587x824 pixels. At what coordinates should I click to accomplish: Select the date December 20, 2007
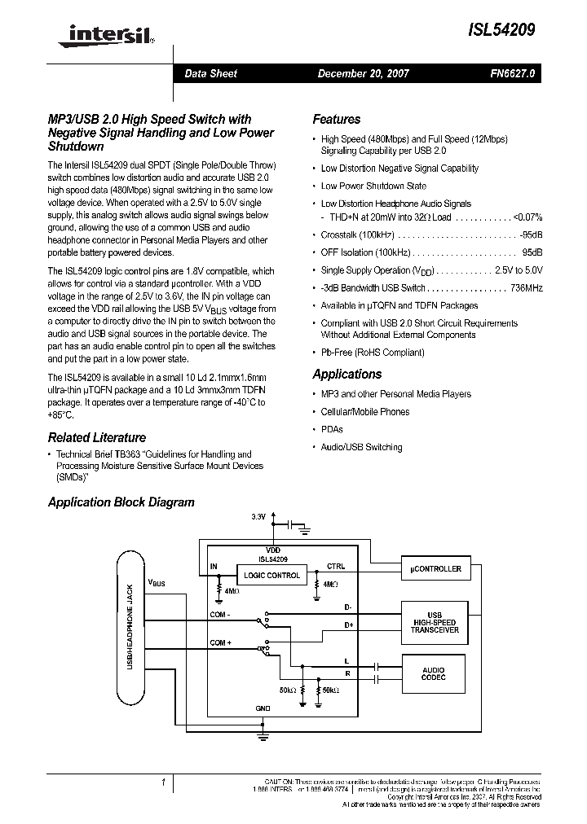click(363, 73)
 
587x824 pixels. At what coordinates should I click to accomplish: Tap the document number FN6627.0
click(513, 73)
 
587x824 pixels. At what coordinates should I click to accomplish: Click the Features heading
click(336, 119)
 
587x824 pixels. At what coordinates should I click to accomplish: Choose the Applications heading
click(346, 375)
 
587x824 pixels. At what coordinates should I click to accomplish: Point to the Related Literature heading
click(97, 437)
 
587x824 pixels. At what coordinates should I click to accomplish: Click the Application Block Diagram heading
click(121, 502)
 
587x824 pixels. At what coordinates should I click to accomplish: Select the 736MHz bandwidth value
click(526, 288)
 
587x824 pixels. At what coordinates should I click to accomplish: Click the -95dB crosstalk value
click(531, 234)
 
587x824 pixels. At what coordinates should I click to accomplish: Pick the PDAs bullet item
click(332, 429)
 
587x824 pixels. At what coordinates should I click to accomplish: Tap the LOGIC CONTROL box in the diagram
click(272, 575)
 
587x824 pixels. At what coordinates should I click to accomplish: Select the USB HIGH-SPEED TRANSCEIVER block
click(434, 623)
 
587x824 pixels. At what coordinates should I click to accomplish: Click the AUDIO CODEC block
click(434, 675)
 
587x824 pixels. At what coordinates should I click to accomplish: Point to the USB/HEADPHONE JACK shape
click(130, 628)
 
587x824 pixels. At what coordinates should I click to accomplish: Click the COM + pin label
click(221, 643)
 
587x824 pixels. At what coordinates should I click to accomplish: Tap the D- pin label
click(348, 607)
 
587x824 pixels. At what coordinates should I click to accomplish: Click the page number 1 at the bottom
click(164, 783)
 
